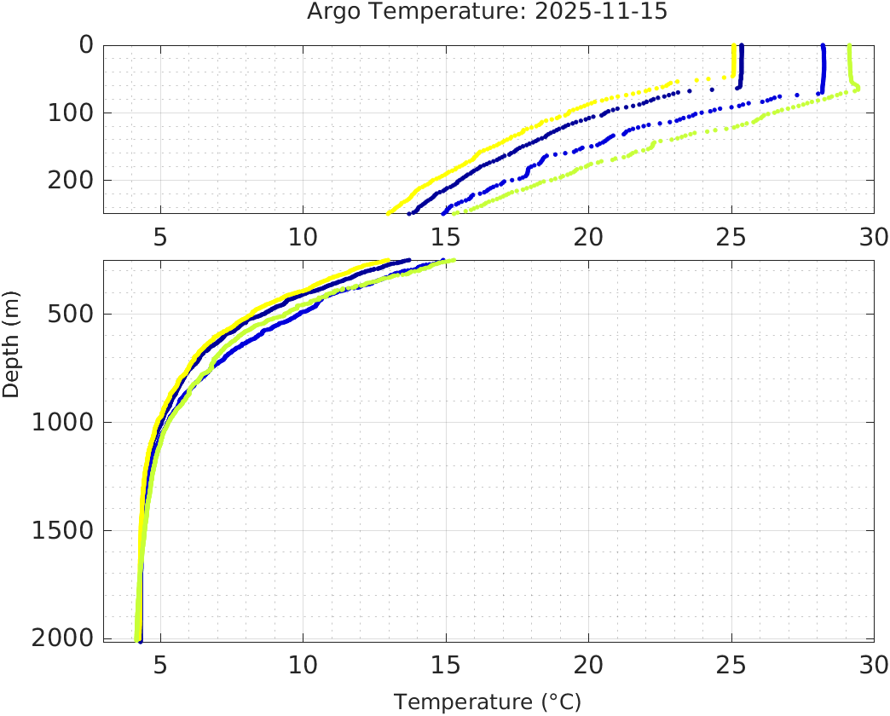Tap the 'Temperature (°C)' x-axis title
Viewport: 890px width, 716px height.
487,702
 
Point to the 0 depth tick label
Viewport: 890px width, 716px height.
86,44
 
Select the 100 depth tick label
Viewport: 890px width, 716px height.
71,113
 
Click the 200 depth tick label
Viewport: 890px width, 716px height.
71,180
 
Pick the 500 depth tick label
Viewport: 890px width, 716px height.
71,314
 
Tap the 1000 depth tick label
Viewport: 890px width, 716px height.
63,423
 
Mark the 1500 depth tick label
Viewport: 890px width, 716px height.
63,531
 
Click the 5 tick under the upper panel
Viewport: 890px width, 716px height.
160,236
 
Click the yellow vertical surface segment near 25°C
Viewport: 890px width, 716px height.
734,61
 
